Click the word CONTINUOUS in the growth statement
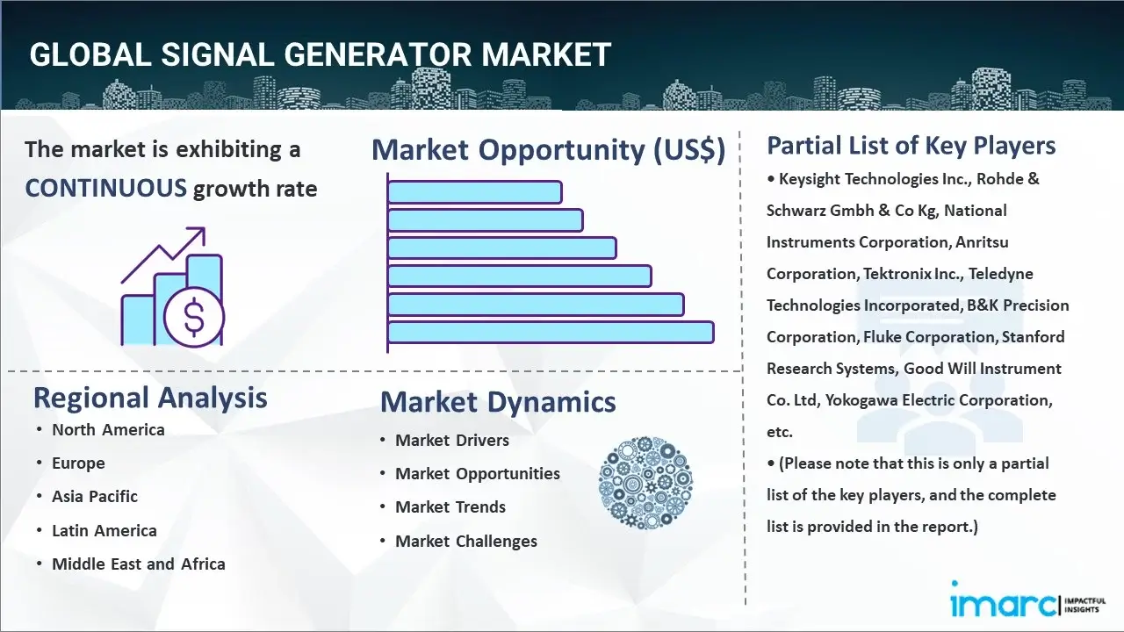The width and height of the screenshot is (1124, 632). (106, 189)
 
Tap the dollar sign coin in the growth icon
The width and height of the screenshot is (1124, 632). (194, 317)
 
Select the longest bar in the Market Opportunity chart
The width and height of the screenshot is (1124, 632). (551, 333)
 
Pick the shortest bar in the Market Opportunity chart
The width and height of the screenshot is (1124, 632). (475, 192)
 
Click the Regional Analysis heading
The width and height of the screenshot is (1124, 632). (150, 399)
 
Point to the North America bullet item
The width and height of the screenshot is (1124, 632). (108, 430)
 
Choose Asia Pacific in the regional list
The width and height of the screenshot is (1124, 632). (95, 497)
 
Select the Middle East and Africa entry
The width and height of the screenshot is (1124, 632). (139, 564)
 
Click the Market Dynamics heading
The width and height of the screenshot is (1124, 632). (498, 402)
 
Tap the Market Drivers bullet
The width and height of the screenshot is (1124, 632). (452, 441)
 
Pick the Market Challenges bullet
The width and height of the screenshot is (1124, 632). (466, 542)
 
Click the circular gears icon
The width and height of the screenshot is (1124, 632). (645, 483)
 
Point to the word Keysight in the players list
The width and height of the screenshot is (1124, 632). (809, 180)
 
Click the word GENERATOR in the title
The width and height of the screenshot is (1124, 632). (378, 54)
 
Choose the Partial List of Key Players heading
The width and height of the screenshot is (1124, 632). (911, 146)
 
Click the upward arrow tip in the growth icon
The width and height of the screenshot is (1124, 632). (205, 228)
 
